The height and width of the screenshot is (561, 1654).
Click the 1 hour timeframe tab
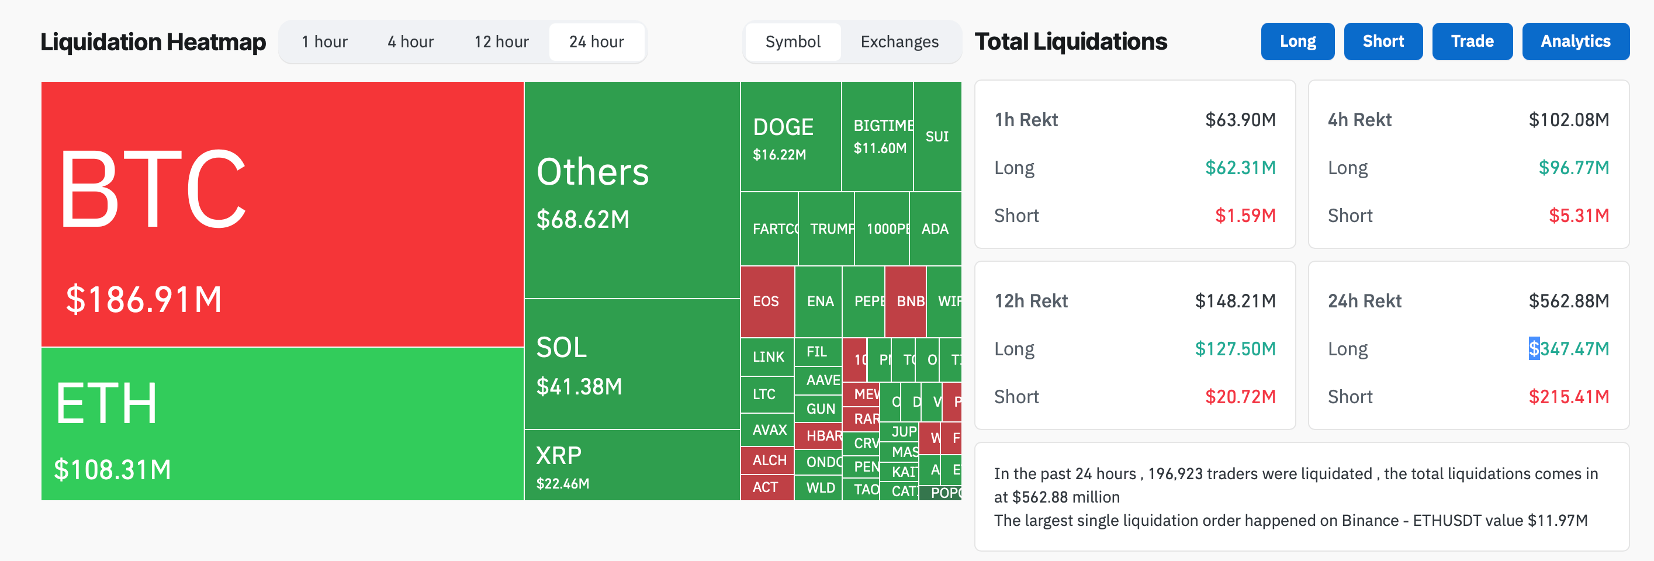coord(325,41)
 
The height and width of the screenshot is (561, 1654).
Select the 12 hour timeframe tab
coord(501,41)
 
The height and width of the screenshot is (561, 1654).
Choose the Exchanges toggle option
coord(899,41)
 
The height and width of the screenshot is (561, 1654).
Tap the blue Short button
coord(1382,41)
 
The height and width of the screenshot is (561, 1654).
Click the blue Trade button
coord(1472,41)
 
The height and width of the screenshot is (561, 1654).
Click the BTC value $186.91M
coord(144,300)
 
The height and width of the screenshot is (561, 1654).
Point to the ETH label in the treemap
coord(106,404)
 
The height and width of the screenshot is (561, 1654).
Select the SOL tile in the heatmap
coord(631,364)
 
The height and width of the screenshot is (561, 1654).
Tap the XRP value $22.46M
coord(562,483)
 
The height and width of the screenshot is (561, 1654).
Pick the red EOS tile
coord(766,301)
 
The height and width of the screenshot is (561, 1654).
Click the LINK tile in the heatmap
coord(768,357)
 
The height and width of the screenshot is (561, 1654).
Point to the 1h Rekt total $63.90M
coord(1240,120)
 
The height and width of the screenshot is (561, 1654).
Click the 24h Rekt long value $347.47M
coord(1569,348)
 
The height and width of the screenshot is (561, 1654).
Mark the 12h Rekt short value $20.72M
coord(1240,397)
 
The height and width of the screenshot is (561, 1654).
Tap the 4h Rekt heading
coord(1359,120)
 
